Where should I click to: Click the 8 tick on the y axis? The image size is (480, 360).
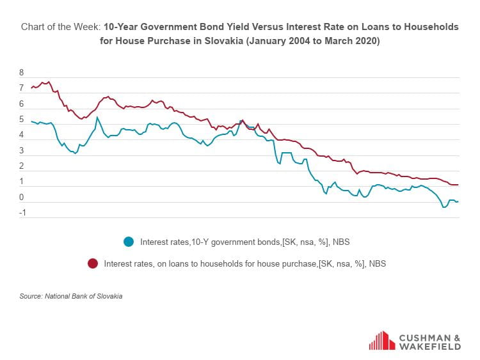[x=22, y=73]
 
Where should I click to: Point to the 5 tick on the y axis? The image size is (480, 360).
[x=22, y=120]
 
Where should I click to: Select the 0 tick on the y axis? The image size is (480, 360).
[x=22, y=198]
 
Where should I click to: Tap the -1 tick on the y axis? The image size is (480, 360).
[x=22, y=213]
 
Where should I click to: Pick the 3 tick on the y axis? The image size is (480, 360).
[x=22, y=151]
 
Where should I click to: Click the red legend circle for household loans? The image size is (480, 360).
[x=93, y=263]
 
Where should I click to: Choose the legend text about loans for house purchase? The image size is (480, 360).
[x=244, y=263]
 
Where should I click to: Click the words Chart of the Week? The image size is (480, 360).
[x=60, y=27]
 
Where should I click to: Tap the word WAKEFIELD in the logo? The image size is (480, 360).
[x=429, y=347]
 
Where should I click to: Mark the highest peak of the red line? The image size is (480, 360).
[x=49, y=82]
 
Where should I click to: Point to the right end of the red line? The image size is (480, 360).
[x=458, y=185]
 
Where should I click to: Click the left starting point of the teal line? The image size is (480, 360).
[x=31, y=121]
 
